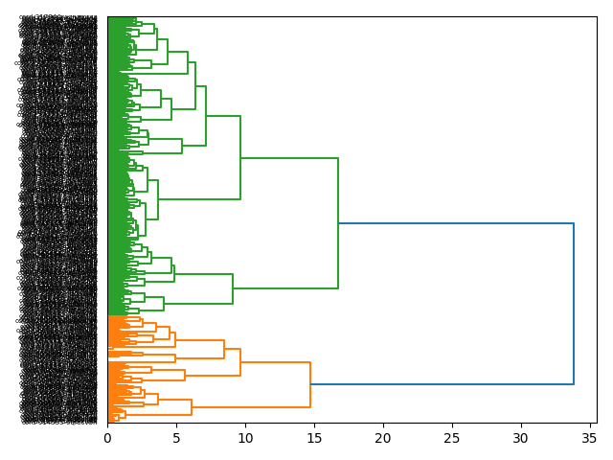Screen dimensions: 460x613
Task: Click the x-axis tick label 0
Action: [x=107, y=438]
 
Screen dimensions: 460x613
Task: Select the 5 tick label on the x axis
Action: [x=176, y=438]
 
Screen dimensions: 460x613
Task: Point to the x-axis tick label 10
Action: [x=245, y=438]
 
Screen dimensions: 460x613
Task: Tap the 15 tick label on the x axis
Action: [x=314, y=438]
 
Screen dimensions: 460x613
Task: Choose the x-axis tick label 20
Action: [x=383, y=438]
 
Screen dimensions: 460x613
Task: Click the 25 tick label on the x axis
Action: [x=452, y=438]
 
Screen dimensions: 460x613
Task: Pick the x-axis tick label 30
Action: [x=521, y=438]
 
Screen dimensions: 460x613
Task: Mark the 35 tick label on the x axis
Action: [x=590, y=438]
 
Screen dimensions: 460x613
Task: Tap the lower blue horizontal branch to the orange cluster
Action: [x=442, y=384]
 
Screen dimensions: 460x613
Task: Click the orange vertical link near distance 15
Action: [x=310, y=384]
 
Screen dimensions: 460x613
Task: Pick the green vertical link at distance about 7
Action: [x=206, y=116]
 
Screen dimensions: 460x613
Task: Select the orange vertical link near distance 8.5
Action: [x=224, y=349]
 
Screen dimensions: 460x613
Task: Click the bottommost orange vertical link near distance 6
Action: [x=192, y=407]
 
